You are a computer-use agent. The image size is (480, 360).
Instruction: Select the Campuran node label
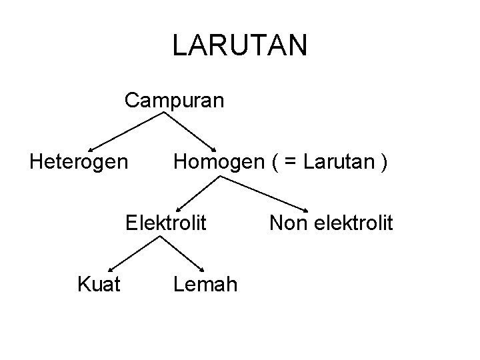(175, 101)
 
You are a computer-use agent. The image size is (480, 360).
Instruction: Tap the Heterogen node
(79, 161)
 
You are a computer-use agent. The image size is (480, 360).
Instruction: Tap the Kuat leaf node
(99, 285)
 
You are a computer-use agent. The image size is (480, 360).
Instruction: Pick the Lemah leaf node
(205, 285)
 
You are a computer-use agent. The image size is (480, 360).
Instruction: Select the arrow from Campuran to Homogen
(190, 131)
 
